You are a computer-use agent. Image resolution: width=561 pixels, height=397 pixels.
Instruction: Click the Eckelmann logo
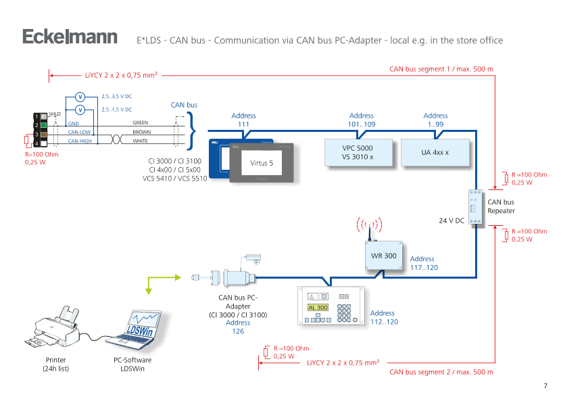coord(70,38)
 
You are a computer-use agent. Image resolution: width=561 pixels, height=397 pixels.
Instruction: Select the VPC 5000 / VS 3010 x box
coord(358,152)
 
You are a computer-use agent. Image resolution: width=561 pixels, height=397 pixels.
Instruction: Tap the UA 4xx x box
coord(435,152)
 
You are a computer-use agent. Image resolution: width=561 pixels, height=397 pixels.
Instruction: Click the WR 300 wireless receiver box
coord(383,256)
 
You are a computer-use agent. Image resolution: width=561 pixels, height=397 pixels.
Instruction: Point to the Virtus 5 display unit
coord(262,163)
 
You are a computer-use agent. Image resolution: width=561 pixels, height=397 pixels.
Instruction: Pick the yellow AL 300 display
coord(317,307)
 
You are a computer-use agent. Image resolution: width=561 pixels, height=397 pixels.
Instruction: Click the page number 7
coord(545,386)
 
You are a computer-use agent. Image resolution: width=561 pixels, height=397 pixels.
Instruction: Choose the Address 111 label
coord(243,120)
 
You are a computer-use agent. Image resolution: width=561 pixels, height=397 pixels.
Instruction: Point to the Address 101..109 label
coord(362,120)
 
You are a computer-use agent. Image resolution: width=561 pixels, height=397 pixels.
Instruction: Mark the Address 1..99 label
coord(435,120)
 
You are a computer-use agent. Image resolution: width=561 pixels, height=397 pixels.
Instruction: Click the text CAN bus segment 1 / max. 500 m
coord(441,69)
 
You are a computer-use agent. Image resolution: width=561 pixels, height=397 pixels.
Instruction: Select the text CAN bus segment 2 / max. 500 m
coord(441,372)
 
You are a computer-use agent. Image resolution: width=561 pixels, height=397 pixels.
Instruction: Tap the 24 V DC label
coord(452,220)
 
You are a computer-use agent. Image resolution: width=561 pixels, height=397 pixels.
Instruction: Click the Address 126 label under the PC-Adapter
coord(238,327)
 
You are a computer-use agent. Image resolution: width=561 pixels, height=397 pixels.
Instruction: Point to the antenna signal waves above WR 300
coord(370,225)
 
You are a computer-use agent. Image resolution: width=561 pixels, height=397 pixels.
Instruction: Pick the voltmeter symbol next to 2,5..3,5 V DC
coord(80,97)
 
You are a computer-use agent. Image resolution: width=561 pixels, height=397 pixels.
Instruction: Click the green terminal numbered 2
coord(43,125)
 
